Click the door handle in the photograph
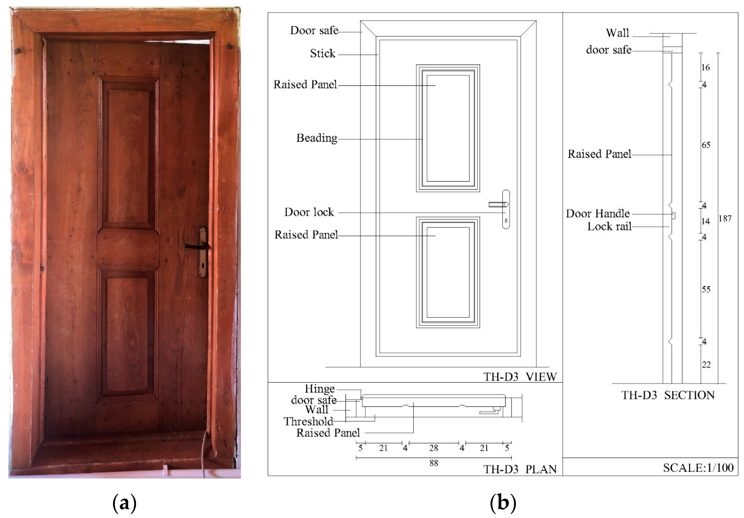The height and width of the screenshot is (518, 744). [194, 246]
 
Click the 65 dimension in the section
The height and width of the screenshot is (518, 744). [706, 145]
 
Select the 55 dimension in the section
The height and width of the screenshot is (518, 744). [706, 289]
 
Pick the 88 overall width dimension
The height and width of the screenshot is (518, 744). [433, 463]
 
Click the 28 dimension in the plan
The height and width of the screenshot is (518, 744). [433, 448]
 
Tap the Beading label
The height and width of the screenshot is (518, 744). [317, 138]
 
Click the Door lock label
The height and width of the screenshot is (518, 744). [309, 212]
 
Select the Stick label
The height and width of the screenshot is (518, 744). [322, 53]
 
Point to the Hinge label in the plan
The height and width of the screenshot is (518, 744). [319, 389]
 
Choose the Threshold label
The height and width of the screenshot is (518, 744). [308, 421]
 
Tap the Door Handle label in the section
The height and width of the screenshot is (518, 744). [598, 214]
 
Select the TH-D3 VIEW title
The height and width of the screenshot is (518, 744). [520, 377]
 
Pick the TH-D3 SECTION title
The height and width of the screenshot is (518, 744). [668, 395]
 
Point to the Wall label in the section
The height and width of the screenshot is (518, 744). [617, 33]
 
